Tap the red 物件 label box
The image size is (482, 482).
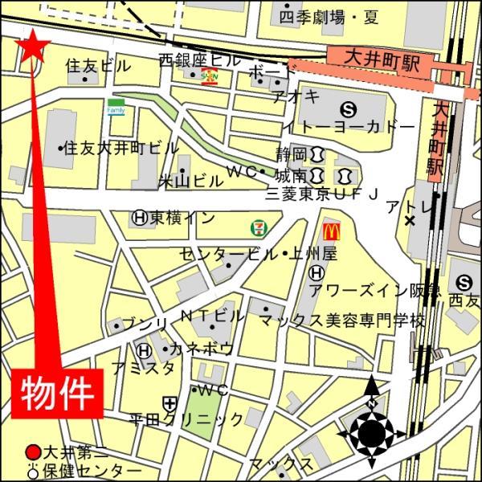[x=59, y=392]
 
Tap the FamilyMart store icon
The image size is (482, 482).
[x=116, y=106]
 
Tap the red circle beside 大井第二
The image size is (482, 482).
[x=33, y=452]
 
